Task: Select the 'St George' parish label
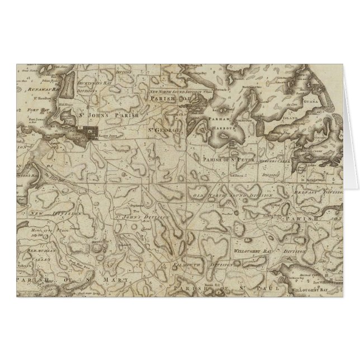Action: click(x=165, y=131)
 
